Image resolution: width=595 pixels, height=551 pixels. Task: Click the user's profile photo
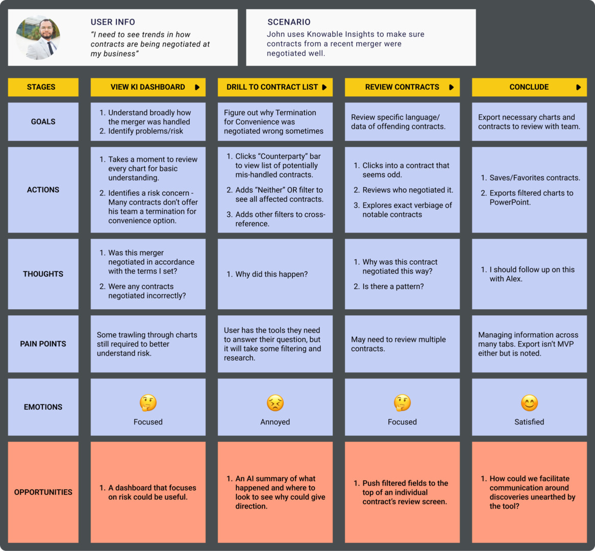click(x=38, y=37)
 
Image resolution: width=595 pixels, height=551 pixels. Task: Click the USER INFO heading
click(x=113, y=22)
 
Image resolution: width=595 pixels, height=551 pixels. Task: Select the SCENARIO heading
click(x=289, y=22)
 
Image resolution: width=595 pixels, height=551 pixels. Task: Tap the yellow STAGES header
click(x=43, y=87)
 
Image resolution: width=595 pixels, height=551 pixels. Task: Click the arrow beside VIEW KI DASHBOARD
click(x=197, y=87)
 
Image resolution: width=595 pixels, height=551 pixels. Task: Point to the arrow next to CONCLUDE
click(x=578, y=87)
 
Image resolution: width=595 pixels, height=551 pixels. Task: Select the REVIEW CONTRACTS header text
click(x=402, y=87)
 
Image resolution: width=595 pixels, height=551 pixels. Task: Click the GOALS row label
click(x=43, y=121)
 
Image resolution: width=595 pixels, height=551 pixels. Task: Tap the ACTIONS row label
click(x=43, y=190)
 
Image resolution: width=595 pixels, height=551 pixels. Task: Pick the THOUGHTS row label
click(x=43, y=274)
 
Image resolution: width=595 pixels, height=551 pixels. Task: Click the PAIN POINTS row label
click(x=43, y=344)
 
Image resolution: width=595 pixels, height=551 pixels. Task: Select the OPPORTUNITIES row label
click(x=43, y=492)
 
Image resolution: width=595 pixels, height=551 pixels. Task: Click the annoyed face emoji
click(x=275, y=403)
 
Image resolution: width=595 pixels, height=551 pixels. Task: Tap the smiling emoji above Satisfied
click(x=529, y=403)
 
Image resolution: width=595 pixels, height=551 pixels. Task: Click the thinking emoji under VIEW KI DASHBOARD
click(x=148, y=403)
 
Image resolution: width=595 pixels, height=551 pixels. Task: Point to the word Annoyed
click(x=275, y=422)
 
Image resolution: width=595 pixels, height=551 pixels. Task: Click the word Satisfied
click(x=529, y=422)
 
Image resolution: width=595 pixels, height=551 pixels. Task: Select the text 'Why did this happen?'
click(x=271, y=274)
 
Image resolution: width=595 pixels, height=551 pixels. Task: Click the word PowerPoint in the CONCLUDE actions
click(x=510, y=202)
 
